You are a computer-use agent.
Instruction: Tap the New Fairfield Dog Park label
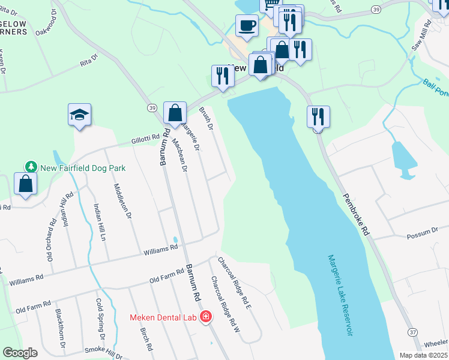coord(82,168)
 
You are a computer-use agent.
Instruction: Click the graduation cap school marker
coord(79,114)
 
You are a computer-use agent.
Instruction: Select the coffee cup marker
coord(247,26)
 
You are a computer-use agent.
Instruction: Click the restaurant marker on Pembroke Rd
coord(318,116)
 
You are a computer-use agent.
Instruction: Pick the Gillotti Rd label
coord(148,140)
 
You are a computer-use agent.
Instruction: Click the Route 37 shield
coord(413,332)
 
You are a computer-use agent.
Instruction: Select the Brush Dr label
coord(206,118)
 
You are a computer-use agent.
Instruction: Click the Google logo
coord(20,353)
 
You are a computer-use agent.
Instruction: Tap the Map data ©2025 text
coord(423,355)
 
